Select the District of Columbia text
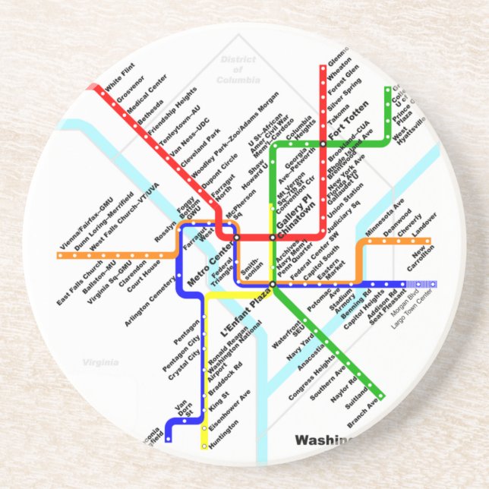237,69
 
